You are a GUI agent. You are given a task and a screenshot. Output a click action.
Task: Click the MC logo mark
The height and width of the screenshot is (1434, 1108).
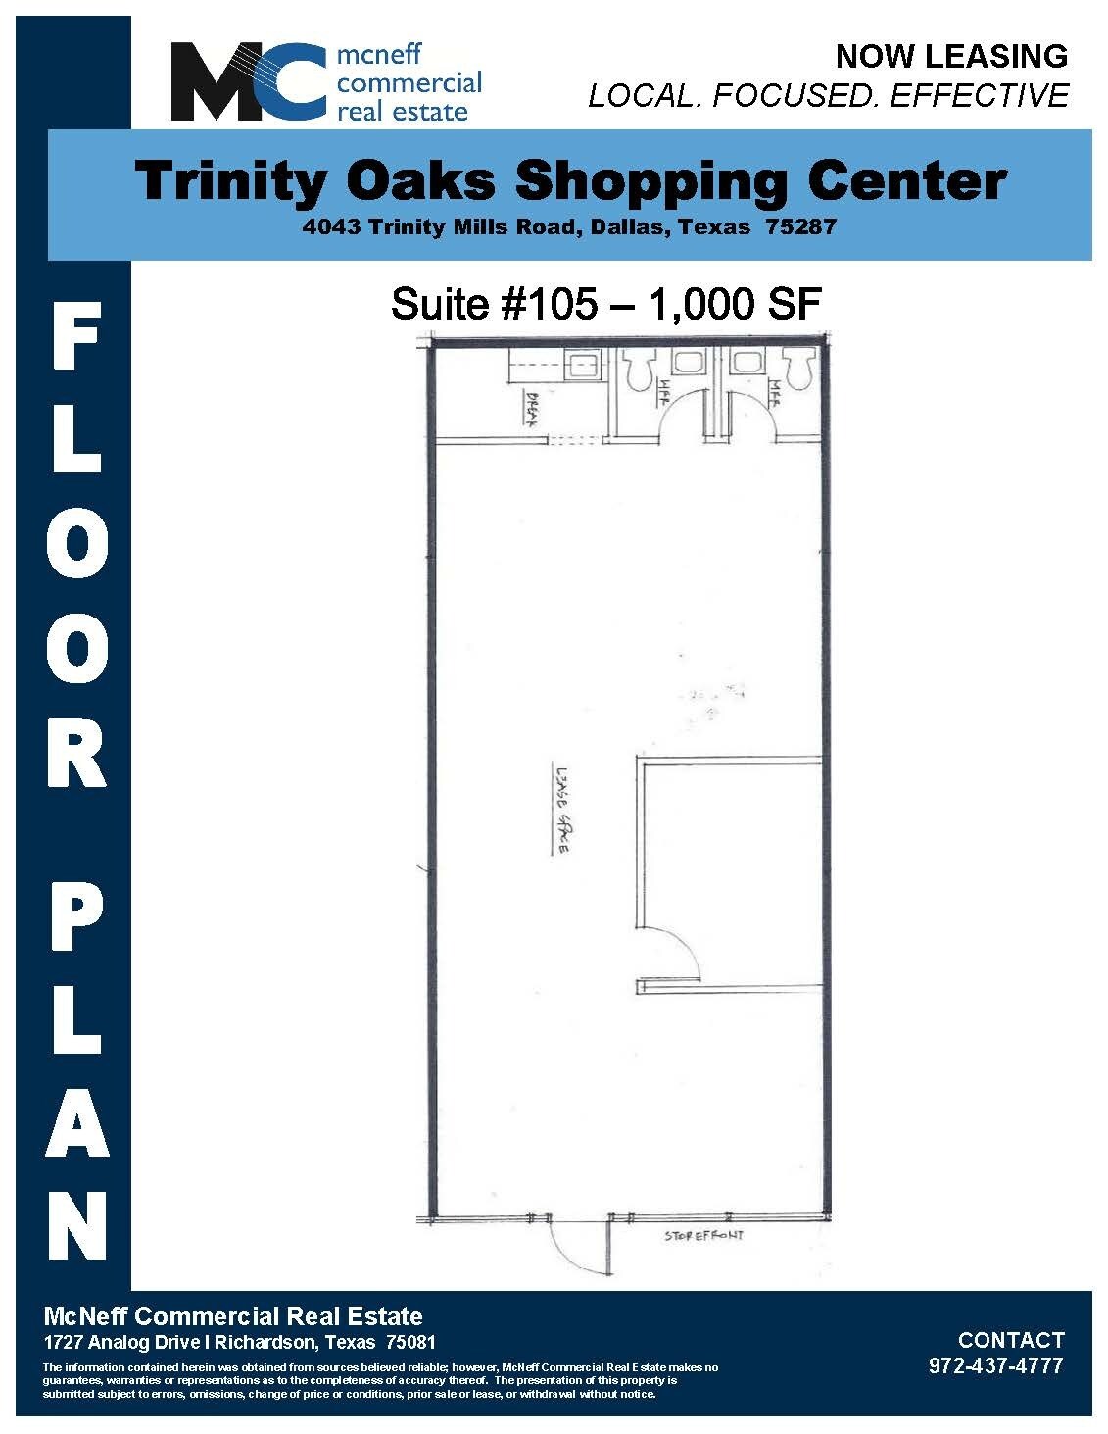click(x=248, y=81)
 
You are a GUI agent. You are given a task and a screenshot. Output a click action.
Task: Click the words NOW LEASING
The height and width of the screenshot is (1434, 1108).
click(x=950, y=57)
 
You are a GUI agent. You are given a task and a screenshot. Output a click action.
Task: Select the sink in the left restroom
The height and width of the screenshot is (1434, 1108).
click(x=692, y=361)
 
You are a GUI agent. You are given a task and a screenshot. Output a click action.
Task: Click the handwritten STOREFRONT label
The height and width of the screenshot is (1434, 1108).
click(x=703, y=1236)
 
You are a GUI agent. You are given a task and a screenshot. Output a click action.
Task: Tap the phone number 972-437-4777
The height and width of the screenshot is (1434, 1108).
click(x=995, y=1365)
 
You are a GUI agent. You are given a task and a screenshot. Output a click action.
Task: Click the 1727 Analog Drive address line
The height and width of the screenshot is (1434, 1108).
click(x=240, y=1342)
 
